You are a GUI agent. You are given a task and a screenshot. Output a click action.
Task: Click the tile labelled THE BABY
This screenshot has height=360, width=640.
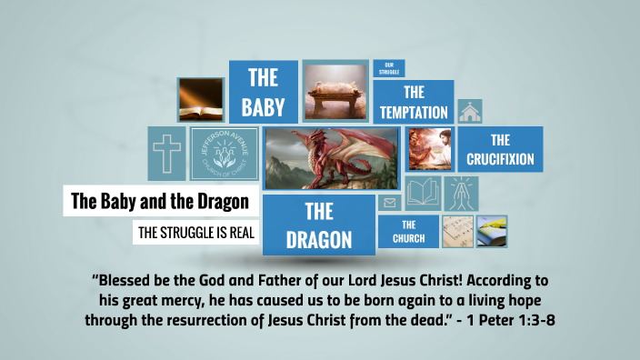pyautogui.click(x=263, y=92)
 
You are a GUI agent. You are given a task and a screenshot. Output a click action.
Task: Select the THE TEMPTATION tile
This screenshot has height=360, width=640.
pyautogui.click(x=414, y=102)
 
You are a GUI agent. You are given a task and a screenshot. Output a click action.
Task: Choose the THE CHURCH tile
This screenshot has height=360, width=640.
pyautogui.click(x=408, y=231)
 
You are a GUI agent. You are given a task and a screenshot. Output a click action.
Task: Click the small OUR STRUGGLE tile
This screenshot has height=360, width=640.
pyautogui.click(x=388, y=68)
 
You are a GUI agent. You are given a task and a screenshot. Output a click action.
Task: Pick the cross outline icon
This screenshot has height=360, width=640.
pyautogui.click(x=166, y=153)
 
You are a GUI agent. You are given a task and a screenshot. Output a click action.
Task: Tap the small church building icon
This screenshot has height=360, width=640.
pyautogui.click(x=470, y=111)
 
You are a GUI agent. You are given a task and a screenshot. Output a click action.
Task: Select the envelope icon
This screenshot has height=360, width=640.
pyautogui.click(x=390, y=203)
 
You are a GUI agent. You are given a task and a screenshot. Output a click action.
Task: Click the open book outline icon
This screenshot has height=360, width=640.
pyautogui.click(x=423, y=193)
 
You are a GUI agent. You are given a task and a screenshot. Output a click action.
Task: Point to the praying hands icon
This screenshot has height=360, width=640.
pyautogui.click(x=462, y=193)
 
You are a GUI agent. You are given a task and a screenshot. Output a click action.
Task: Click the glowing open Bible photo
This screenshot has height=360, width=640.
pyautogui.click(x=200, y=100)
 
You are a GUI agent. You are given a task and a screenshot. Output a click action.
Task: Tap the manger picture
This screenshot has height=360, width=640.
pyautogui.click(x=335, y=91)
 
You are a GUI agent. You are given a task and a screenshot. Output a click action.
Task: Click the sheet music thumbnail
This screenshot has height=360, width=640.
pyautogui.click(x=455, y=231)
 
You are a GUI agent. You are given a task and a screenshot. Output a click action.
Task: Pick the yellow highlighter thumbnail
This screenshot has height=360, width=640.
pyautogui.click(x=492, y=231)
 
